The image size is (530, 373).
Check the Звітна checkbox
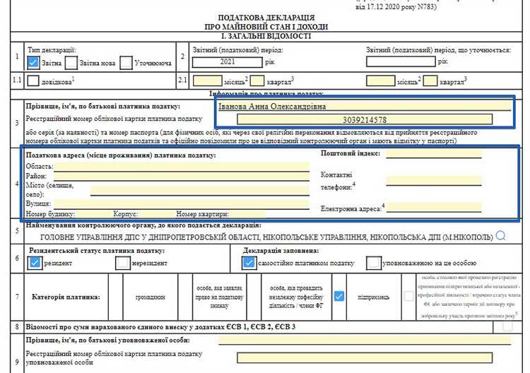tap(33, 62)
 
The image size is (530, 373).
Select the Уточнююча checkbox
tap(126, 62)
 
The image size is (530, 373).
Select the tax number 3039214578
tap(363, 119)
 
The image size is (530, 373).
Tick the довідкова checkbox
tap(33, 81)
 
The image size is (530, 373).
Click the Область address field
tap(181, 166)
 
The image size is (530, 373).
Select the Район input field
tap(181, 176)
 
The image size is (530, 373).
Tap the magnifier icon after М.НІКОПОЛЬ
tap(501, 235)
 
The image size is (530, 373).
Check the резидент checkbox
tap(34, 262)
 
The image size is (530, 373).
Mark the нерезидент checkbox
tap(123, 262)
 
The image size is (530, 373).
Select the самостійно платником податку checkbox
tap(249, 262)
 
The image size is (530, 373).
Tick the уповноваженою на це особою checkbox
tap(374, 262)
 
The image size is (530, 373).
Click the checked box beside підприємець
tap(339, 297)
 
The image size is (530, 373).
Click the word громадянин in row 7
tap(150, 297)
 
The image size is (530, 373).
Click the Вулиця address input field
tap(181, 204)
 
